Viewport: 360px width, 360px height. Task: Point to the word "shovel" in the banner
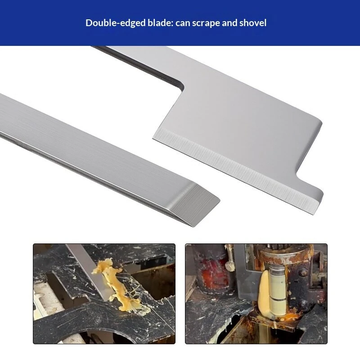click(x=253, y=23)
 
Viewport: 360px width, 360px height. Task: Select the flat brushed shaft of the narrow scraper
click(x=92, y=147)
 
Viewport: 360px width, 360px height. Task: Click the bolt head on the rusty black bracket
click(x=303, y=273)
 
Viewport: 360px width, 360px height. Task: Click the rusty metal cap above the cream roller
click(x=285, y=255)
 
